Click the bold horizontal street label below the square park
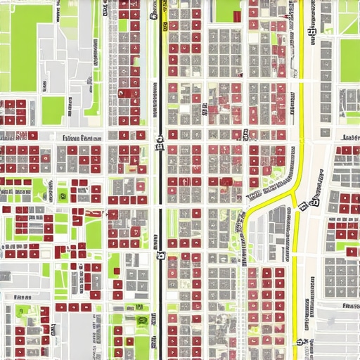[82, 139]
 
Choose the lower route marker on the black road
[160, 257]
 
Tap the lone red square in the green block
[117, 271]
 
